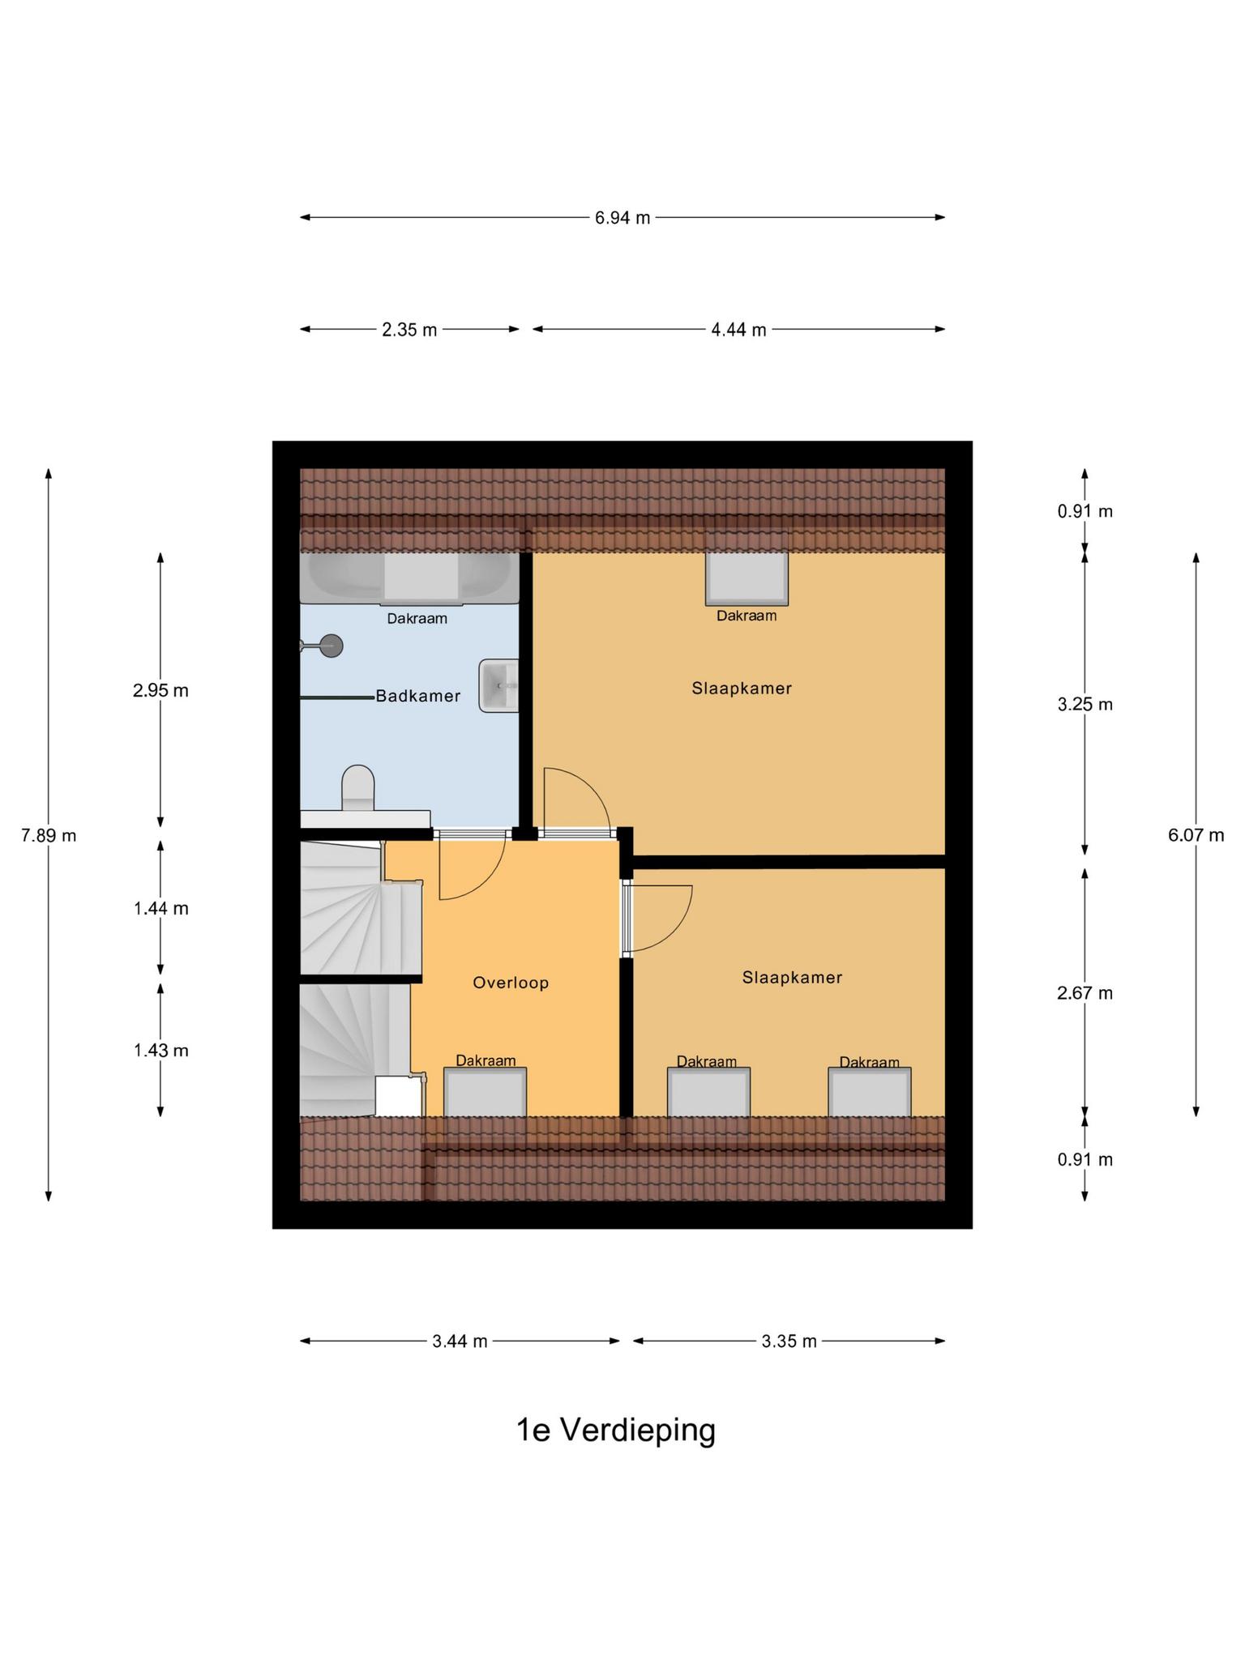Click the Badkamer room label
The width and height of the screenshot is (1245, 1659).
click(417, 696)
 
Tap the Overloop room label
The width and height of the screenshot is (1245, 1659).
click(511, 983)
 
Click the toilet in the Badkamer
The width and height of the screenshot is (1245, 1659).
click(358, 788)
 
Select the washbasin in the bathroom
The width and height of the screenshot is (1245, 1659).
click(498, 685)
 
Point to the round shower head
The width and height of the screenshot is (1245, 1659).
click(331, 646)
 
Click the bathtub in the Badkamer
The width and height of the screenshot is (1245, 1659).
click(409, 578)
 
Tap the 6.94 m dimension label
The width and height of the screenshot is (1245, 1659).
click(622, 218)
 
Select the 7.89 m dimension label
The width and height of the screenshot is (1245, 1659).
click(49, 835)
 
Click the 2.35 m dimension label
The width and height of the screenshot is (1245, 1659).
click(409, 330)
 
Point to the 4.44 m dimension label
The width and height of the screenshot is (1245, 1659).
click(738, 330)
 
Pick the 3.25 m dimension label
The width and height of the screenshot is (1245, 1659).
click(1085, 705)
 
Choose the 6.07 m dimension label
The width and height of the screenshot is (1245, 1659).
click(1196, 835)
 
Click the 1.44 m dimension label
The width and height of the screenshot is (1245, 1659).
click(161, 909)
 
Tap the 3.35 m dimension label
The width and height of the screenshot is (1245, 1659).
click(789, 1341)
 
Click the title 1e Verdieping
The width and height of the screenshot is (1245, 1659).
click(616, 1431)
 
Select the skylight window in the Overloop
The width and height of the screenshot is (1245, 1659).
click(485, 1092)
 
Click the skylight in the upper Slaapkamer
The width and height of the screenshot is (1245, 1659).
click(747, 578)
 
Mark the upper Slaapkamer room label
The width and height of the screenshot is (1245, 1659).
click(742, 689)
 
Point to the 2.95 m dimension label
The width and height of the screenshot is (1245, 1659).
click(161, 691)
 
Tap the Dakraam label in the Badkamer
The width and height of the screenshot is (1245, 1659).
click(417, 619)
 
